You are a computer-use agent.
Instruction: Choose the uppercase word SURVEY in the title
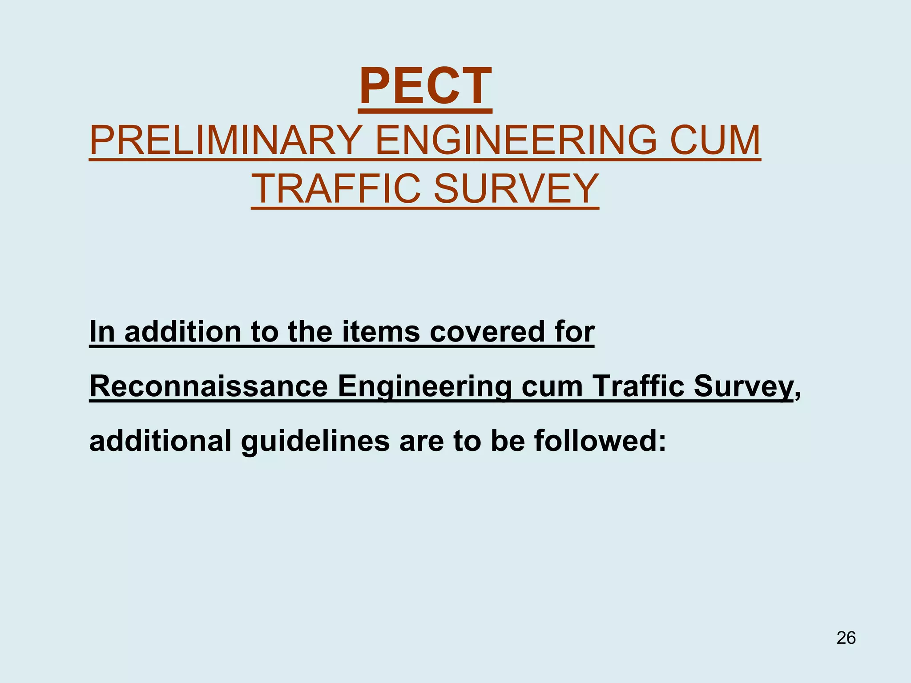[x=516, y=189]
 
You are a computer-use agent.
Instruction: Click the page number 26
[x=846, y=638]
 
